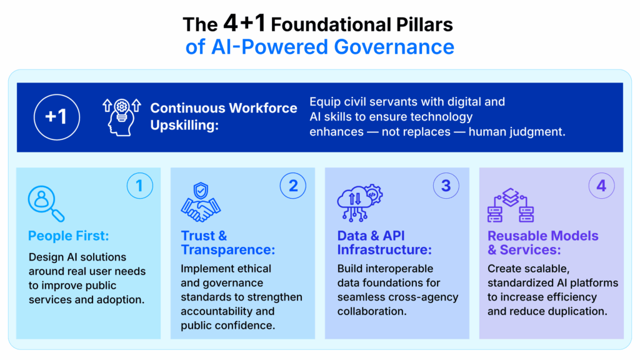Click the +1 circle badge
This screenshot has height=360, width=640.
[x=57, y=117]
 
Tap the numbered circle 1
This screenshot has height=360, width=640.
[x=139, y=186]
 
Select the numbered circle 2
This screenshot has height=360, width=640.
[x=292, y=186]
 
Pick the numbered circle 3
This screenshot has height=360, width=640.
[x=446, y=186]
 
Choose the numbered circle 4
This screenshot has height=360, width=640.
[x=601, y=186]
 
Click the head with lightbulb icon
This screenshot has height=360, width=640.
[x=122, y=117]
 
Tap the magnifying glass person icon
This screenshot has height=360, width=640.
[x=46, y=204]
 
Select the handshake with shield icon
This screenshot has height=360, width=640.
[x=201, y=202]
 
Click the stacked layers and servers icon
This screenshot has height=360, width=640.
[x=511, y=205]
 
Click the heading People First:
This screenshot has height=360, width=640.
[x=69, y=236]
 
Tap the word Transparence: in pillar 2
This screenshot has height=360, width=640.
[x=228, y=249]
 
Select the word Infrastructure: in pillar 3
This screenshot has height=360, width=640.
[x=384, y=249]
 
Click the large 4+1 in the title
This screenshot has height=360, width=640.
[x=244, y=23]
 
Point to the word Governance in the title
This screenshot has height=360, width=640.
[x=394, y=46]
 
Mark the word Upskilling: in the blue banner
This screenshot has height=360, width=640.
[x=184, y=125]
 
